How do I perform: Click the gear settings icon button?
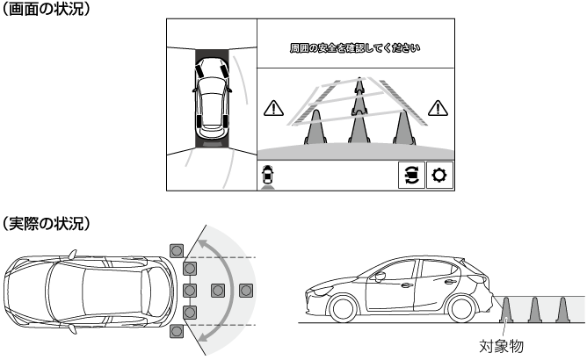(x=439, y=175)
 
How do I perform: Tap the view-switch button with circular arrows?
(x=411, y=175)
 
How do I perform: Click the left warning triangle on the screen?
(x=273, y=108)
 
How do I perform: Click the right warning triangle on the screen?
(x=438, y=108)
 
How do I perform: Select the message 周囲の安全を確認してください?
(x=355, y=48)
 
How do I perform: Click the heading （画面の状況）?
(x=46, y=10)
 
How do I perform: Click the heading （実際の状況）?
(x=46, y=223)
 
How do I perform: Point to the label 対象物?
(x=501, y=346)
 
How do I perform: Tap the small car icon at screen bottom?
(x=268, y=176)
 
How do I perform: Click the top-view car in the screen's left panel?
(x=212, y=98)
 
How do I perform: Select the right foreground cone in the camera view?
(x=403, y=127)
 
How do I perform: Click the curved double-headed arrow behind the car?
(x=221, y=290)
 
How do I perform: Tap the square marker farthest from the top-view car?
(x=246, y=291)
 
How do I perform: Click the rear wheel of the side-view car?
(x=461, y=309)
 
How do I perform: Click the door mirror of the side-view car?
(x=380, y=277)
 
